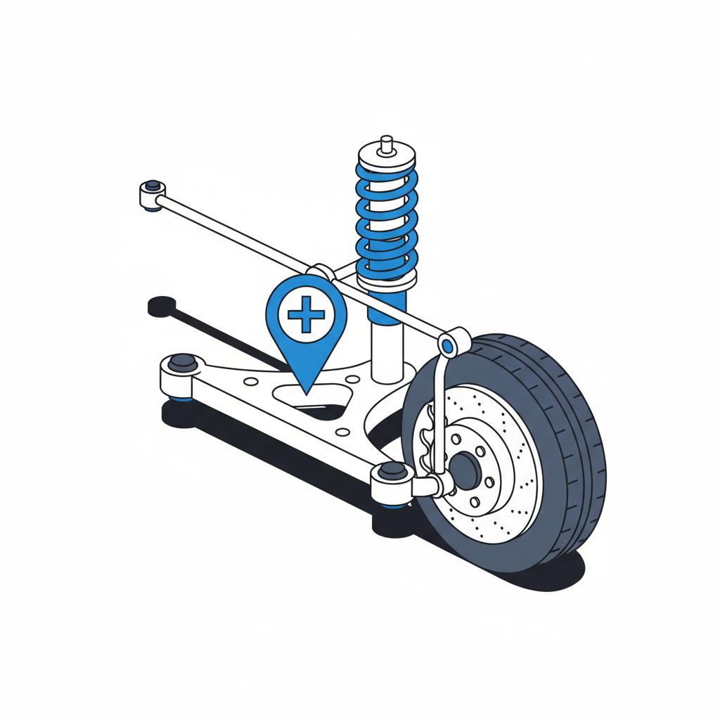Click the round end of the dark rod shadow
(x=162, y=307)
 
